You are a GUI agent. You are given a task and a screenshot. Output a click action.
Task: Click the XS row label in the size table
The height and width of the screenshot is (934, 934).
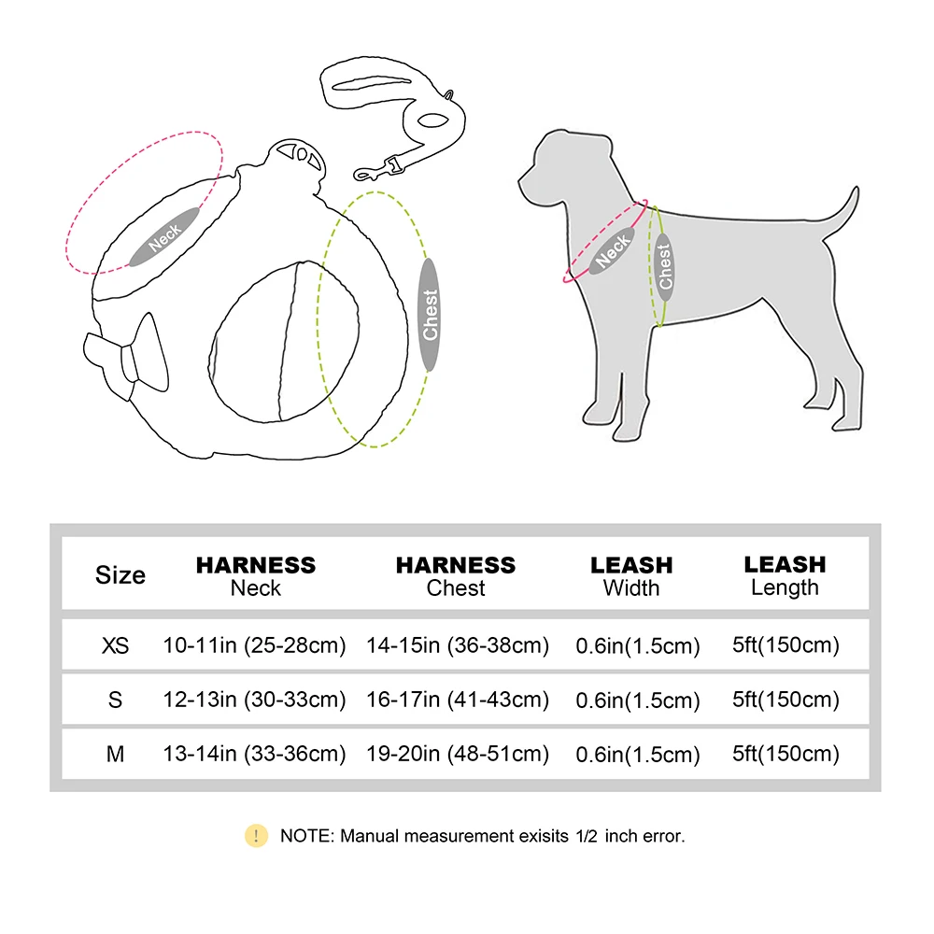tap(115, 645)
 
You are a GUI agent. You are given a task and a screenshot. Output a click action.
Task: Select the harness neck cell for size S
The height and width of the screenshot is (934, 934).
tap(254, 700)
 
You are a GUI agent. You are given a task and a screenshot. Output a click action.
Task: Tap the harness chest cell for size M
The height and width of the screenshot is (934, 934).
tap(457, 754)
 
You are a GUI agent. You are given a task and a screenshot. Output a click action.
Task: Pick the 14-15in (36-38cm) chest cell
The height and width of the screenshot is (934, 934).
tap(457, 645)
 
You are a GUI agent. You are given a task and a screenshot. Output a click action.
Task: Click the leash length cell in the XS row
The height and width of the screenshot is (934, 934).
tap(785, 644)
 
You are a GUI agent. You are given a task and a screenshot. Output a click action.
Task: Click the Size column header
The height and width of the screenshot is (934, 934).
tap(120, 575)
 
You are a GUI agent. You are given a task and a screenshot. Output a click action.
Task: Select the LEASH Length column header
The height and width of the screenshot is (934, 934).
tap(785, 575)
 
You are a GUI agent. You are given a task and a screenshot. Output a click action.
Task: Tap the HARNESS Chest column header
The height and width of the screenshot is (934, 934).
tap(456, 575)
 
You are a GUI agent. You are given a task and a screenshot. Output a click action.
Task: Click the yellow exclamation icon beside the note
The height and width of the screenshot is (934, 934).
tap(256, 835)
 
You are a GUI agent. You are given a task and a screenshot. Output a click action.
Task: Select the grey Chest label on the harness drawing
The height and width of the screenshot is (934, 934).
tap(430, 314)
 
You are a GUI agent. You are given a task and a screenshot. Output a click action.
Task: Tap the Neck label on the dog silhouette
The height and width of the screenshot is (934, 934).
tap(613, 249)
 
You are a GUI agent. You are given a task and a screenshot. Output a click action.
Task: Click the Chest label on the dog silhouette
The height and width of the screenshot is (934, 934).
tap(665, 265)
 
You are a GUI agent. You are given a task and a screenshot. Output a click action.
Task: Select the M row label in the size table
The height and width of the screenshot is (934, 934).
tap(115, 754)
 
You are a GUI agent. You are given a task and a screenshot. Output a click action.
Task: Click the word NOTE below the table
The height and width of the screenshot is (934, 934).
tap(304, 836)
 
